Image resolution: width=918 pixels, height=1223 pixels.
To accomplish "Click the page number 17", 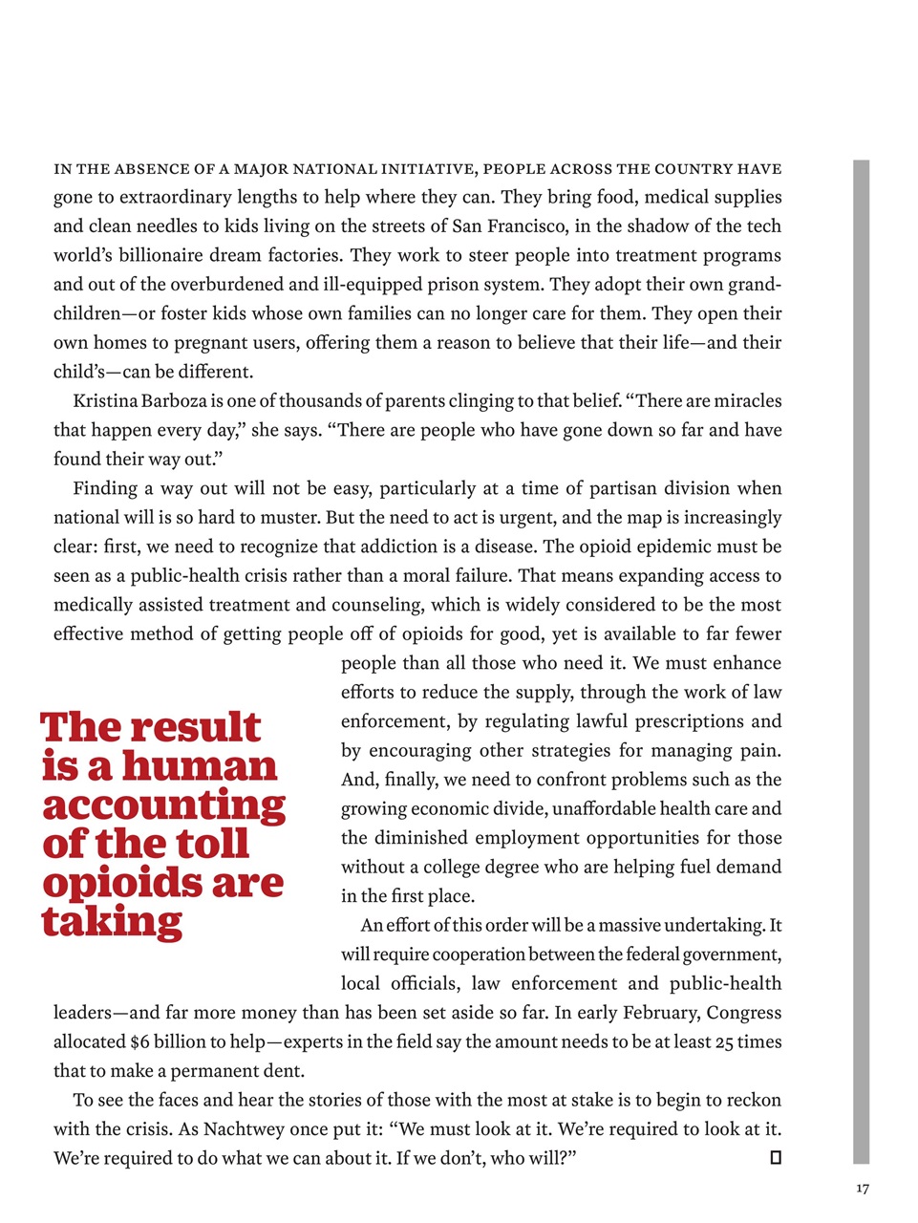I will point(863,1189).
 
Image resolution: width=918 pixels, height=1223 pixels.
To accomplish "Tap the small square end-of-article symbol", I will point(776,1158).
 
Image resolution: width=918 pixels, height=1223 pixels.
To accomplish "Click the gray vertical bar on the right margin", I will point(861,659).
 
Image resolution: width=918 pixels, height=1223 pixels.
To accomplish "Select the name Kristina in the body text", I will point(107,401).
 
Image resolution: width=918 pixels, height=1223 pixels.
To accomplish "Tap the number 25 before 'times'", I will point(725,1042).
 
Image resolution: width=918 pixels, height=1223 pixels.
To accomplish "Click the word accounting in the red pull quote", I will point(163,805).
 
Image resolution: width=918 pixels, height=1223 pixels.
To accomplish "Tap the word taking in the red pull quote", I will point(112,922).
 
